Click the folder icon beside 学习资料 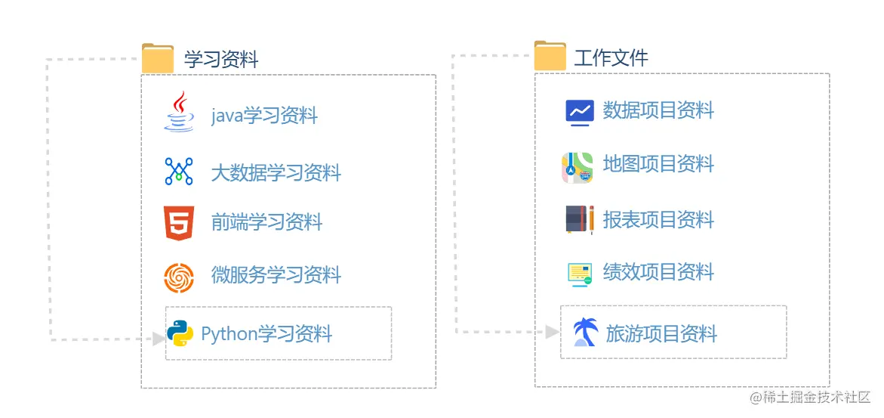pos(158,58)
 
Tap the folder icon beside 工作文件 pos(550,56)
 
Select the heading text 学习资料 pos(221,59)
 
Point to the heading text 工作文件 pos(611,57)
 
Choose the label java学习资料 pos(264,116)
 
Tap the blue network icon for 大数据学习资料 pos(179,172)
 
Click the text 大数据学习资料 pos(276,173)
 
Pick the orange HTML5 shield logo pos(179,223)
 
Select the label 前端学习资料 pos(266,222)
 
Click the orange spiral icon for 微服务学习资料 pos(179,277)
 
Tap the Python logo pos(180,333)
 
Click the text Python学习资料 pos(266,334)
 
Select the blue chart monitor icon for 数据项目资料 pos(580,112)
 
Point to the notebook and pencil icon pos(579,220)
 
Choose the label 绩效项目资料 pos(658,272)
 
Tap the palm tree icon pos(585,333)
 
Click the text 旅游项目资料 pos(661,334)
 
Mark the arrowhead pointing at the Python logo pos(159,339)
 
